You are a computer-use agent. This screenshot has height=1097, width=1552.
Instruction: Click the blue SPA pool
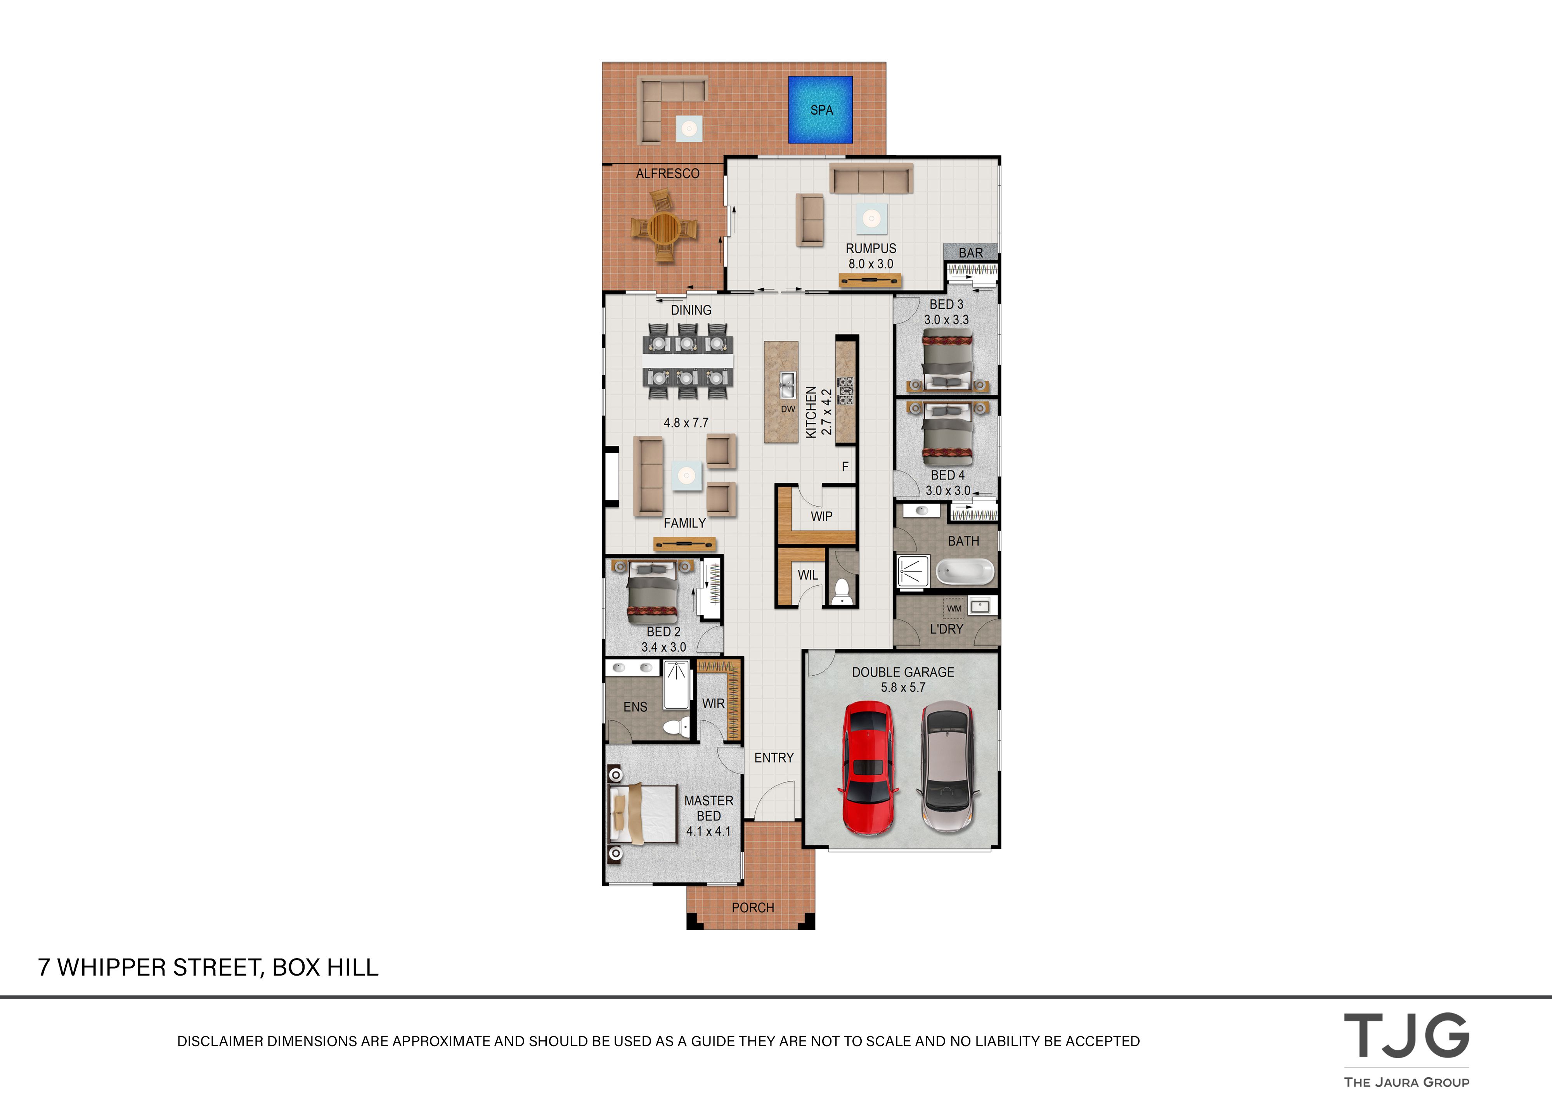pos(820,109)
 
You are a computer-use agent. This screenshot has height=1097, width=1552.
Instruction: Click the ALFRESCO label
pos(667,174)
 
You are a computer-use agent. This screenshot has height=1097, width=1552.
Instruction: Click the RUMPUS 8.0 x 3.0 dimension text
pos(871,264)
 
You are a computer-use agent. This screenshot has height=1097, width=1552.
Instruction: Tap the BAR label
pos(971,253)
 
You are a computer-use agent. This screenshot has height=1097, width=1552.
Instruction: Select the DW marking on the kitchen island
pos(788,409)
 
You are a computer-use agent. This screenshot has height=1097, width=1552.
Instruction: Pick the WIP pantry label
pos(821,516)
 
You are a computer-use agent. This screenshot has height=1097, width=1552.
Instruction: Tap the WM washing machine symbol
pos(954,608)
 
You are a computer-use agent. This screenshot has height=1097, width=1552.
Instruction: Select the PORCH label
pos(752,908)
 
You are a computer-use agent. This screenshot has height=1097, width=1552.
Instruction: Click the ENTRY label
pos(774,758)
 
